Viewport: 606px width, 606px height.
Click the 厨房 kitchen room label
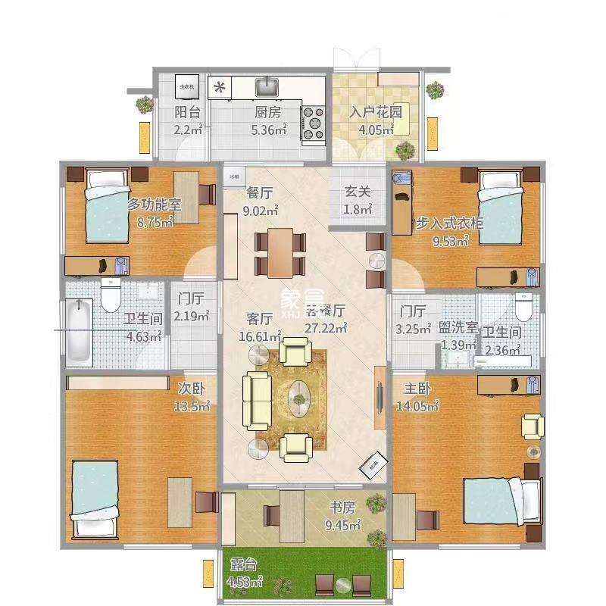[x=268, y=112]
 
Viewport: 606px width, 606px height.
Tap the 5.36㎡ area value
[x=268, y=130]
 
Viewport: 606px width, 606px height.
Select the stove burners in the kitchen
[x=313, y=123]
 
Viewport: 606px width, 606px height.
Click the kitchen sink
[x=267, y=88]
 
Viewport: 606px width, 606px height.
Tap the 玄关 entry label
[x=358, y=192]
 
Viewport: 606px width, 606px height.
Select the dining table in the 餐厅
[x=280, y=252]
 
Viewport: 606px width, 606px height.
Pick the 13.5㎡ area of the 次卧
[x=192, y=406]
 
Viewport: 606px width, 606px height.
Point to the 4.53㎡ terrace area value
[x=244, y=583]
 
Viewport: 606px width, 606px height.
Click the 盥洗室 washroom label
[x=458, y=328]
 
